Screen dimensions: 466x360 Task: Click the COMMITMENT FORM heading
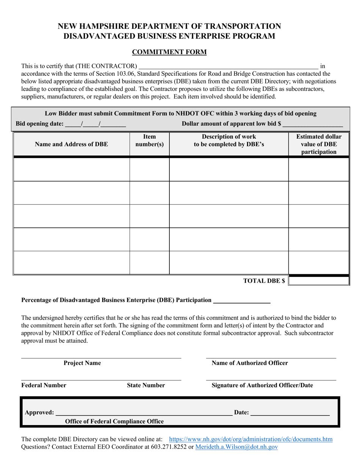(169, 52)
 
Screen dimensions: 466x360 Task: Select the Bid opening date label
(40, 123)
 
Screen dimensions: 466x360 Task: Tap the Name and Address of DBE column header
(71, 144)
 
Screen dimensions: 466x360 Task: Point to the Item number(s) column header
(149, 140)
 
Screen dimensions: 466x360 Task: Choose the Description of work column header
(229, 140)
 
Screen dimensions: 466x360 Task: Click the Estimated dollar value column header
(319, 144)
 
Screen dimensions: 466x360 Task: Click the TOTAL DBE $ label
(264, 281)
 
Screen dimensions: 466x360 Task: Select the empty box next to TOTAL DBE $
(319, 281)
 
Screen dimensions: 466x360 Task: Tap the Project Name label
(82, 363)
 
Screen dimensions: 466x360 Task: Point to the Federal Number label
(44, 385)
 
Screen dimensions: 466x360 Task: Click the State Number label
(146, 385)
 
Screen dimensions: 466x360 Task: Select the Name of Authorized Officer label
(250, 363)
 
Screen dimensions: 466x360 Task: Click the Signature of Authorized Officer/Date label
(262, 385)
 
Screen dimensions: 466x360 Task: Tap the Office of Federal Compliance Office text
(114, 421)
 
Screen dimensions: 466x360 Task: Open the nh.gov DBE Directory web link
(250, 439)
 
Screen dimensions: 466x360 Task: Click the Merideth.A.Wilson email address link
(236, 447)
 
